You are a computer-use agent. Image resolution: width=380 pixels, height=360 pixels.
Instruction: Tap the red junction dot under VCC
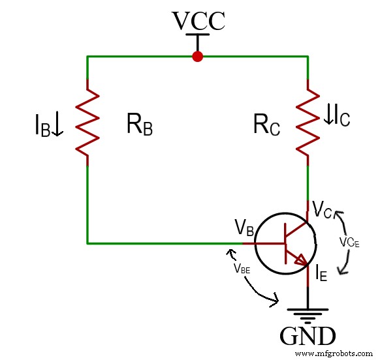click(x=198, y=57)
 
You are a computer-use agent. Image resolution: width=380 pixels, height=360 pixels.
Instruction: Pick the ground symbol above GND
click(x=308, y=314)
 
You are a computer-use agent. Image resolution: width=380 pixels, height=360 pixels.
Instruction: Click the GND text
click(x=308, y=337)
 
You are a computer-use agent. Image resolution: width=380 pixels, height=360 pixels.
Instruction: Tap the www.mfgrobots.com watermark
click(x=336, y=353)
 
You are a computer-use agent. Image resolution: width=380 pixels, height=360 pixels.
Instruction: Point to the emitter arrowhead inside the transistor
click(x=302, y=261)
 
